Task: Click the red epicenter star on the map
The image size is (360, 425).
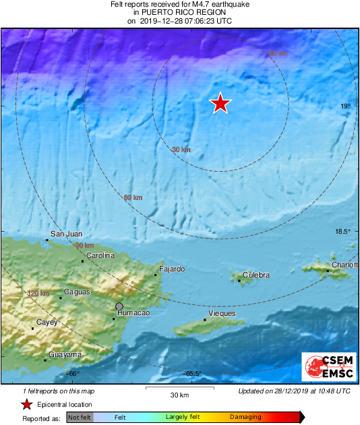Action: point(220,103)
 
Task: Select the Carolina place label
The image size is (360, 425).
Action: point(101,256)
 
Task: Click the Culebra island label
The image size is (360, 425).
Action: point(256,275)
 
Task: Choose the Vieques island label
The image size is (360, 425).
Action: point(222,314)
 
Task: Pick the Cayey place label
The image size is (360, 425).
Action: point(47,323)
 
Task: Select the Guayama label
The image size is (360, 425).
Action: point(65,354)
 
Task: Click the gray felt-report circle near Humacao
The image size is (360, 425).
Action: point(119,306)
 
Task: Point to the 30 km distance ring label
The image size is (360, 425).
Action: point(180,150)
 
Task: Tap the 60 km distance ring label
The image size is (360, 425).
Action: point(133,197)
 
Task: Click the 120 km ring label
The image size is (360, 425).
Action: point(38,294)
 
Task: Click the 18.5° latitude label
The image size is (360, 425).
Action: point(343,232)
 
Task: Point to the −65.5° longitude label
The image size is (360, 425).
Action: point(193,374)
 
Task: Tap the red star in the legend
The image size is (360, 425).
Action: point(26,405)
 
